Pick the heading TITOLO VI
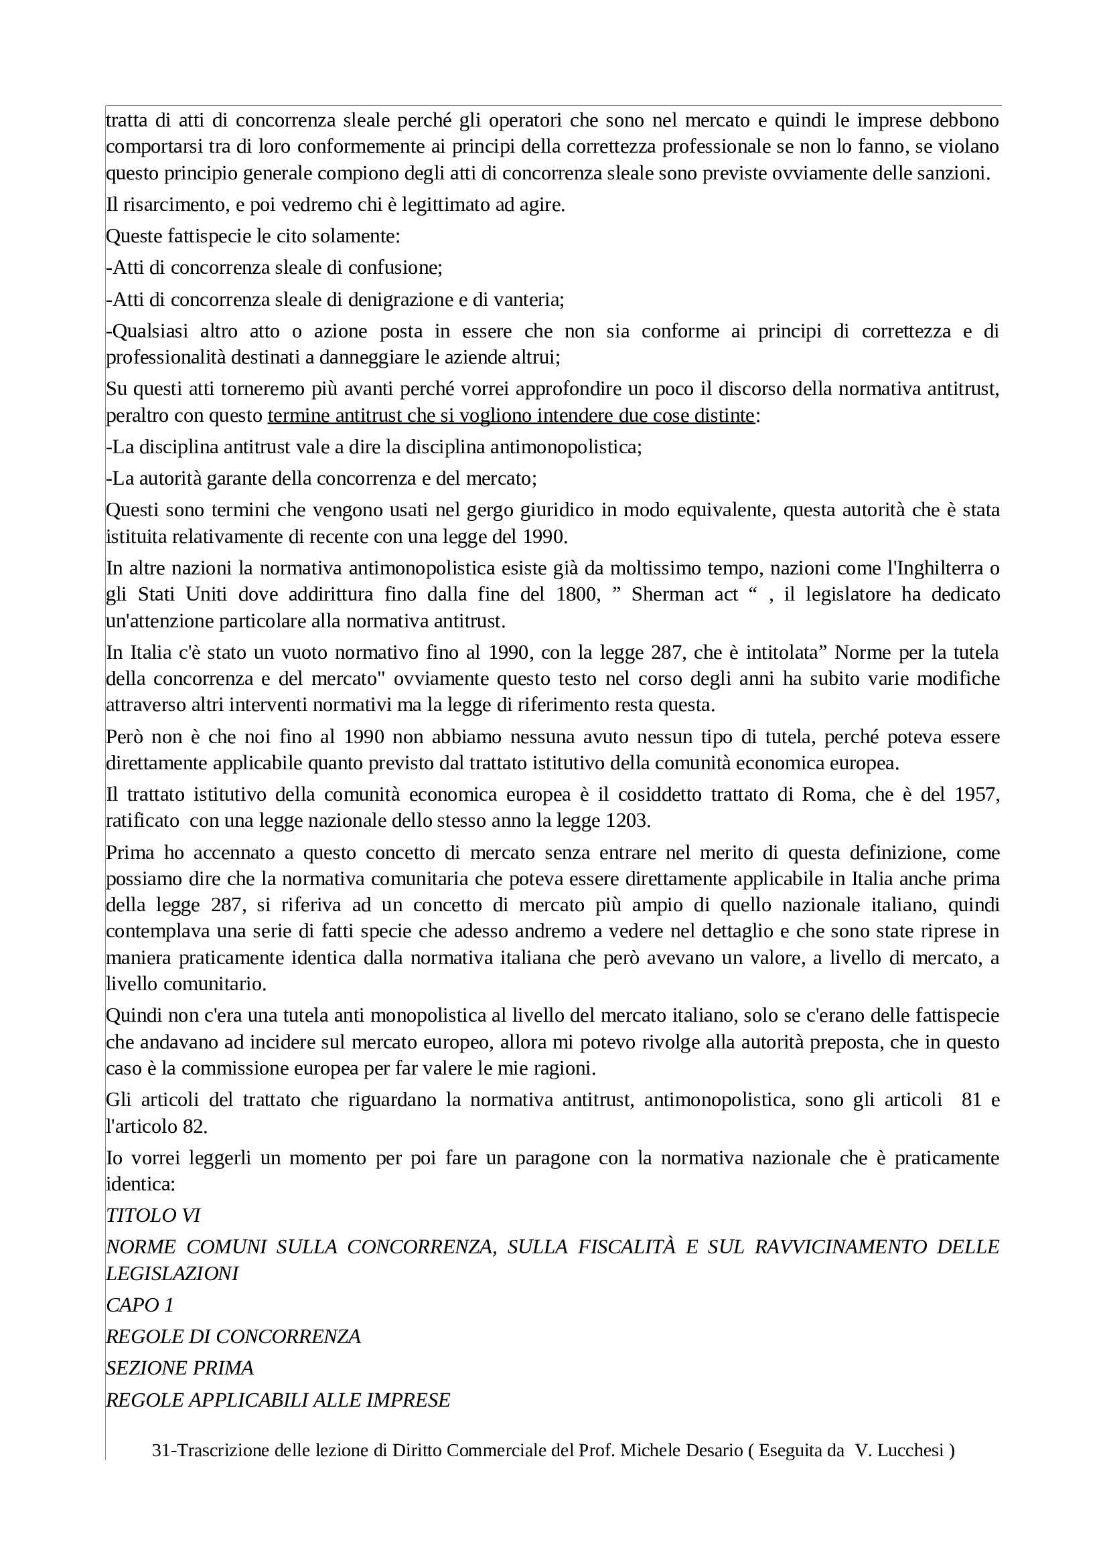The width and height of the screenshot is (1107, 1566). click(x=153, y=1215)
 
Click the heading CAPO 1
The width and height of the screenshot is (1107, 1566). click(x=140, y=1305)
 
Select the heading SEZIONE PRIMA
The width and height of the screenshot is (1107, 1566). click(x=179, y=1368)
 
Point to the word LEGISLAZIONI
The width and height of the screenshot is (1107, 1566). click(x=172, y=1273)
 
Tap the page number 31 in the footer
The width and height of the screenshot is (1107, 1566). click(x=160, y=1450)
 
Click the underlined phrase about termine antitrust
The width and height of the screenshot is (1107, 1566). click(x=511, y=415)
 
